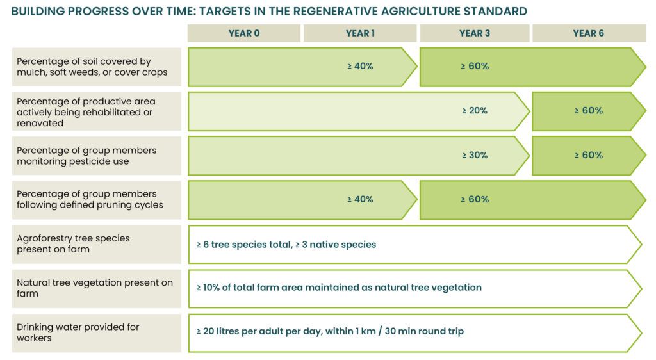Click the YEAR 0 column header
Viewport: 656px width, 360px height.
(x=244, y=33)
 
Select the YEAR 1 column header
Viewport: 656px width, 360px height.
(x=360, y=33)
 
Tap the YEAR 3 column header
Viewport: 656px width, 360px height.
(x=475, y=33)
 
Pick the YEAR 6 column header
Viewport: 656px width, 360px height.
(x=588, y=33)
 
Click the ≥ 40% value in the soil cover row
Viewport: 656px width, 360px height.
(x=360, y=66)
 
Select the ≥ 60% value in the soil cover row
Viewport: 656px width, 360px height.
(x=475, y=66)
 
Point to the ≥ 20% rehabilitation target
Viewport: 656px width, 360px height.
(x=475, y=110)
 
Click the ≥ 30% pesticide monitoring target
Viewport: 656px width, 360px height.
(x=475, y=155)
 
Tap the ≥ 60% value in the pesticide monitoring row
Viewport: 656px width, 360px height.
(x=588, y=155)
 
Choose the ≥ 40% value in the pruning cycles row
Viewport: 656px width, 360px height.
(x=360, y=199)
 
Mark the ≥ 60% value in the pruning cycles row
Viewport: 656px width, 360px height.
(x=475, y=199)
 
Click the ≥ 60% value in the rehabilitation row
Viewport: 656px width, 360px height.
(x=588, y=110)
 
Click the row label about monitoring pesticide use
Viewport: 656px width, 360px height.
(x=86, y=156)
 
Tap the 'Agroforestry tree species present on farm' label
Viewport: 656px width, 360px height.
(x=73, y=243)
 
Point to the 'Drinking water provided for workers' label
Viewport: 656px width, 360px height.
(x=78, y=332)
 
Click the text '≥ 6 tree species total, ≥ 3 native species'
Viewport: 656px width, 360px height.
(x=286, y=244)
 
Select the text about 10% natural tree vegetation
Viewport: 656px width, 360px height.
(x=339, y=288)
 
